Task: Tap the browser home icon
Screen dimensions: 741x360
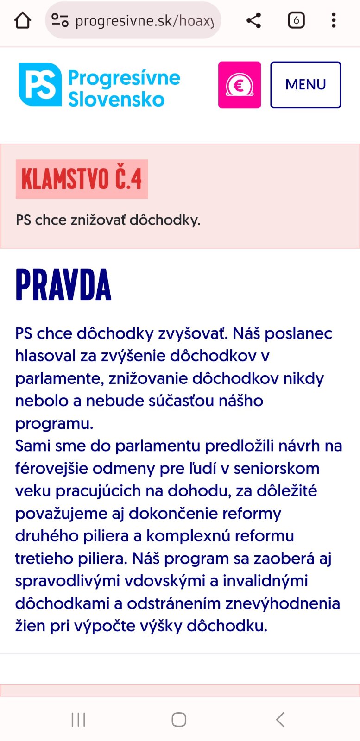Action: (22, 20)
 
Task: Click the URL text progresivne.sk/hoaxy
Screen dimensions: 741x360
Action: (144, 21)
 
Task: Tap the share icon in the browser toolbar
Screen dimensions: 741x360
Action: (253, 20)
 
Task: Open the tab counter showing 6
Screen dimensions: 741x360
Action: (296, 20)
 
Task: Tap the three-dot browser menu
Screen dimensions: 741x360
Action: (334, 20)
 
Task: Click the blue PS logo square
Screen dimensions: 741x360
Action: (40, 85)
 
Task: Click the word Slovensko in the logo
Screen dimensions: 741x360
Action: (116, 100)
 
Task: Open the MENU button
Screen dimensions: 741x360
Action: (306, 85)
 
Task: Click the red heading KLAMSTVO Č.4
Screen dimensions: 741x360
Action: (82, 179)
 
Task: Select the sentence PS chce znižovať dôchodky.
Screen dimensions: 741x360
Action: (108, 220)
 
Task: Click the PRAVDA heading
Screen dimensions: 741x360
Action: (63, 285)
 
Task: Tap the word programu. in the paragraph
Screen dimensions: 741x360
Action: (54, 423)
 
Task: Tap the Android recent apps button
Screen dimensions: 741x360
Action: (78, 720)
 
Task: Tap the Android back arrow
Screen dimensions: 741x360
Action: (280, 720)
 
